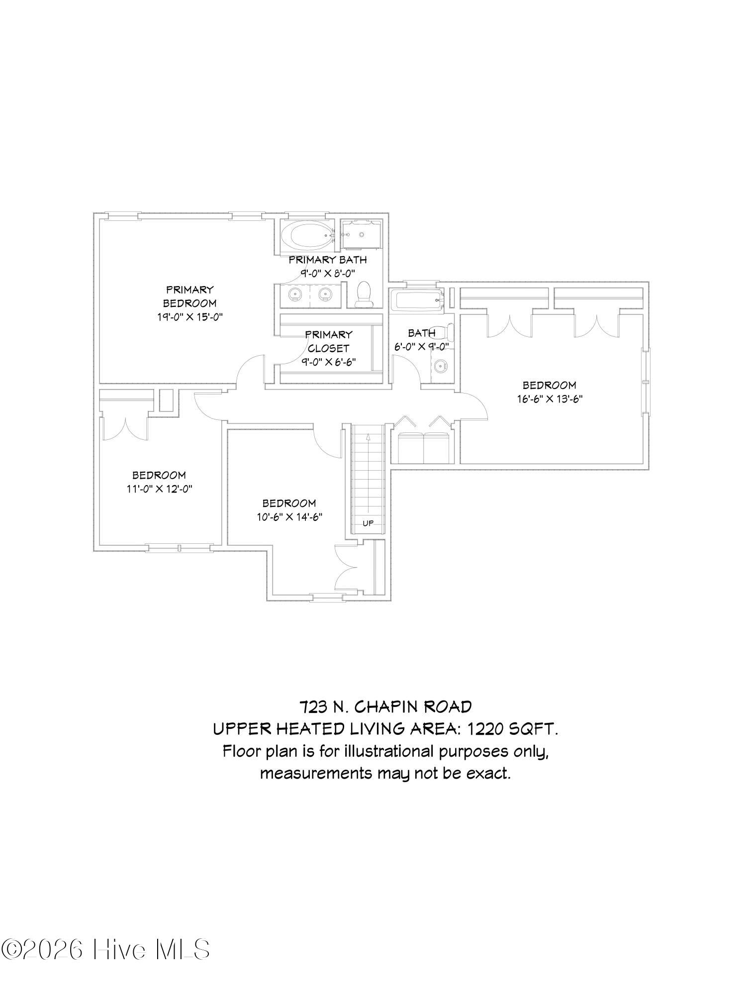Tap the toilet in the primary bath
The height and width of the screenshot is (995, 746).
tap(364, 294)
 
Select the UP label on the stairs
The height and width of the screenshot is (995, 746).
tap(368, 523)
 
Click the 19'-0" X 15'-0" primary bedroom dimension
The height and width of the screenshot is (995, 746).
tap(189, 317)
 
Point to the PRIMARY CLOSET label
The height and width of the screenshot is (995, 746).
tap(328, 341)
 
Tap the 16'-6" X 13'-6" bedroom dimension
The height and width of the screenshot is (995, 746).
tap(549, 398)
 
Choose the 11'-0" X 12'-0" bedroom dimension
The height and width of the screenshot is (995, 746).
tap(159, 489)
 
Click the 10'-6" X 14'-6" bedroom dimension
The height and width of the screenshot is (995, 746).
tap(289, 517)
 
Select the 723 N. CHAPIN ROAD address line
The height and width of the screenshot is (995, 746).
tap(385, 706)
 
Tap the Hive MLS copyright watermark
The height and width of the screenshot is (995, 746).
tap(105, 950)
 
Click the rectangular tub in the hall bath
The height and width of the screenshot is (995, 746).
tap(417, 300)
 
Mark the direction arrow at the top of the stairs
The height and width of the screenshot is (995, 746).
tap(368, 436)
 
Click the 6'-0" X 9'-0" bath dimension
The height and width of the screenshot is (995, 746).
tap(422, 347)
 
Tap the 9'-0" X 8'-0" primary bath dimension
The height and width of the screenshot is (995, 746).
tap(327, 273)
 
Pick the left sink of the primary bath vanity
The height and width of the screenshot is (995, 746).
tap(295, 294)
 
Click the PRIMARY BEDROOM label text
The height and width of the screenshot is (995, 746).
tap(189, 296)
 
